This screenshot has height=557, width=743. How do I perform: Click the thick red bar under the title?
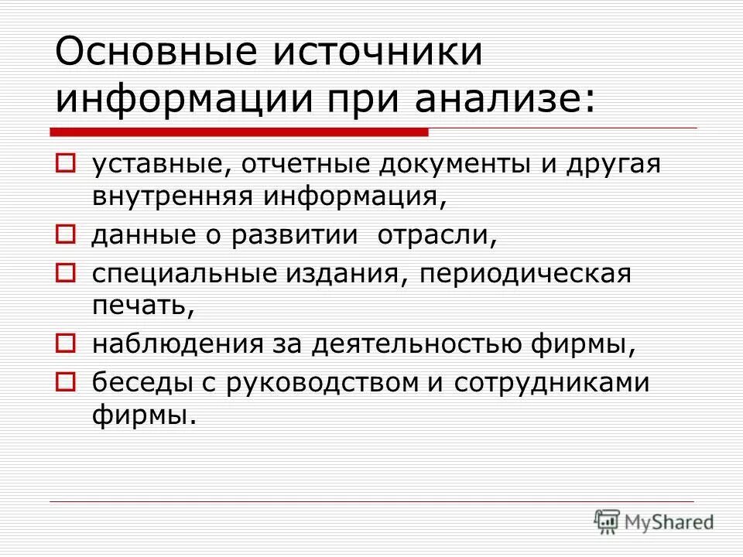coord(240,132)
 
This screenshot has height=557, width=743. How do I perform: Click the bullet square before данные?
coord(66,232)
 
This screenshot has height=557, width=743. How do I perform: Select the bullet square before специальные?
coord(66,273)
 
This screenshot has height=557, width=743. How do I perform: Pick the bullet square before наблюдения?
coord(66,341)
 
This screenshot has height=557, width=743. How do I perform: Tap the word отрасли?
coord(437,233)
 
